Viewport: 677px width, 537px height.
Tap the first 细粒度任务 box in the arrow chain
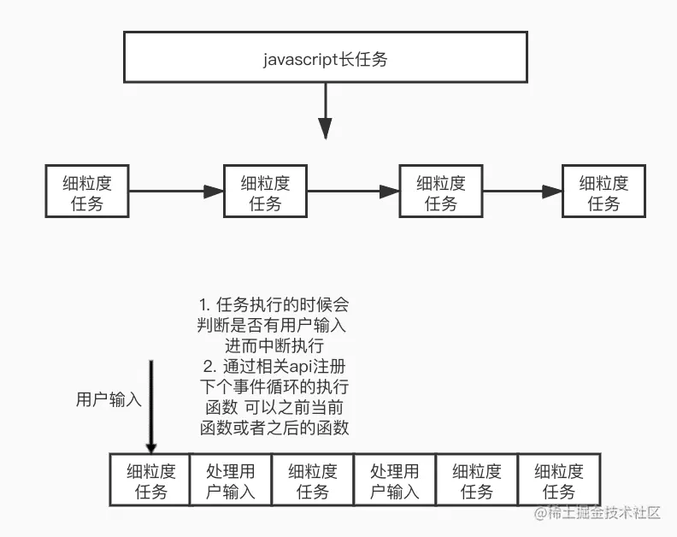click(x=86, y=192)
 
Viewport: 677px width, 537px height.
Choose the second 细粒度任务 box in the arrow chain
click(x=265, y=192)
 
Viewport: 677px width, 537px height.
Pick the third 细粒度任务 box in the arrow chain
click(x=441, y=192)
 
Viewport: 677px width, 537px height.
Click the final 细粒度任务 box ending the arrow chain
click(x=603, y=192)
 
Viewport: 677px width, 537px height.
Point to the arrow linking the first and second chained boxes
click(x=176, y=192)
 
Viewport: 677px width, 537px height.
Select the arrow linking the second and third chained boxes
click(x=354, y=192)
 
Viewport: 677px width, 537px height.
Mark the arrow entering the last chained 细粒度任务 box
click(x=522, y=192)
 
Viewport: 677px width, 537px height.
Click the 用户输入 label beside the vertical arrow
click(x=109, y=399)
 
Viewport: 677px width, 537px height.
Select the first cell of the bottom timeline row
click(x=151, y=481)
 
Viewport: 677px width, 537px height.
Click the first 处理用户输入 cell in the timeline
click(x=231, y=481)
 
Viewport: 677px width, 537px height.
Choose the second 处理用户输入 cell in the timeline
click(x=395, y=481)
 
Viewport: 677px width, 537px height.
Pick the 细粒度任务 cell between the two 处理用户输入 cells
click(x=313, y=481)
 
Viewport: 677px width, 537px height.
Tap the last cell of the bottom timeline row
click(x=559, y=481)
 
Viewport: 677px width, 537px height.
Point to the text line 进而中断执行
click(x=274, y=345)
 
